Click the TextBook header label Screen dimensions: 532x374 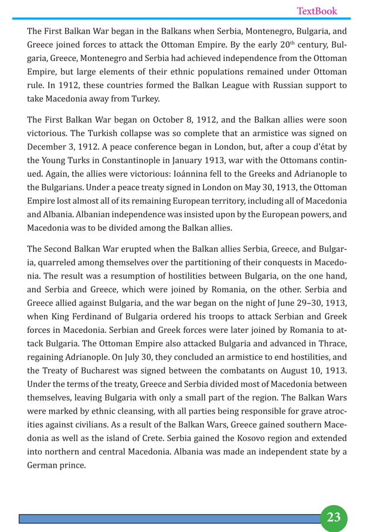[317, 11]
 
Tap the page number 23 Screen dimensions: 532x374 [334, 517]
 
